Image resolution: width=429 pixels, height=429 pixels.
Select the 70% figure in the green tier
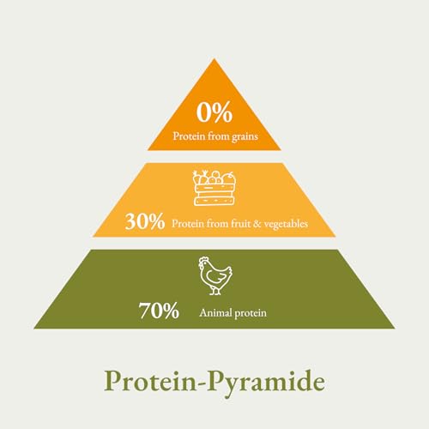160,311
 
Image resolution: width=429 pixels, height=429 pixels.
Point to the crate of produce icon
214,188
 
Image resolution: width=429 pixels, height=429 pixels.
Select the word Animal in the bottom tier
214,313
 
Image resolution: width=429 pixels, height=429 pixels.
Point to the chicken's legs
215,291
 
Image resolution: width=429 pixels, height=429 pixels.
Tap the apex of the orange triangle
214,61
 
